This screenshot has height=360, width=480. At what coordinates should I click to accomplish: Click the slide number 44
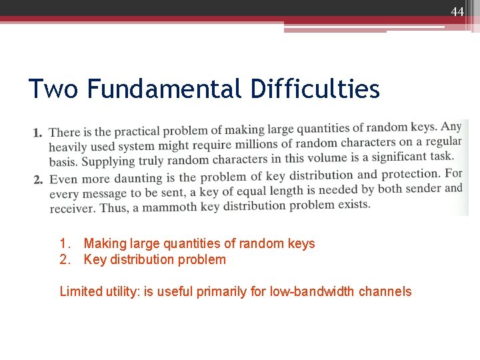(457, 11)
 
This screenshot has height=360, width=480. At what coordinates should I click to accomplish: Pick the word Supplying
(105, 161)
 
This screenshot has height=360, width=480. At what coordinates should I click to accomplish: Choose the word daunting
(136, 178)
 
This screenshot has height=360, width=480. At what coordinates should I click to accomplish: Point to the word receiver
(72, 209)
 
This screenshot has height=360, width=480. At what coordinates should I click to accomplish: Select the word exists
(354, 203)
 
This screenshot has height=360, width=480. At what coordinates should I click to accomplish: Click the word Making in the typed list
(105, 244)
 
